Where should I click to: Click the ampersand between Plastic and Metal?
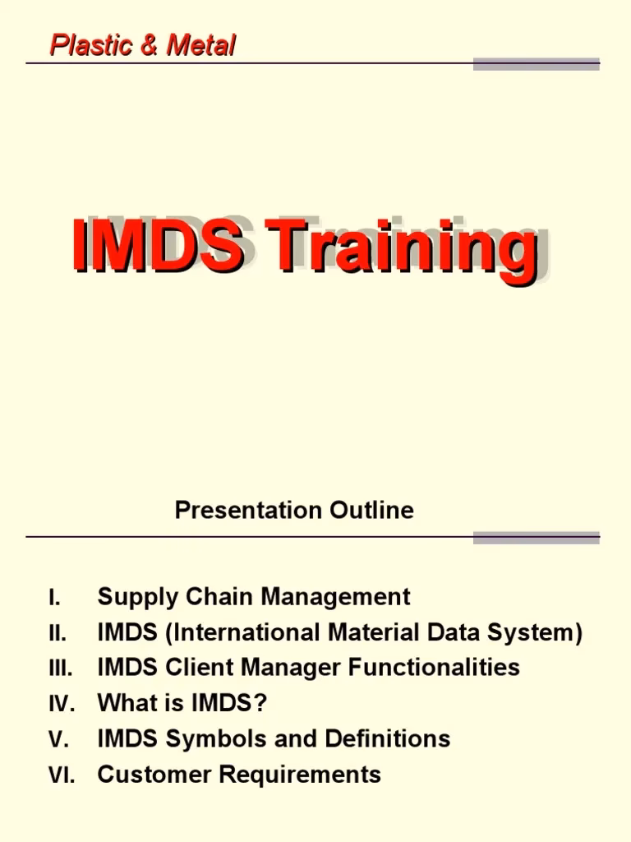(x=148, y=46)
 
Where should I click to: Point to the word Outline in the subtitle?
(x=372, y=511)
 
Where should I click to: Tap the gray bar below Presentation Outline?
(x=537, y=538)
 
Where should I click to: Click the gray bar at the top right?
(x=537, y=64)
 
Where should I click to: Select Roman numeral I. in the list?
(x=54, y=598)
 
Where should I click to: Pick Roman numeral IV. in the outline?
(x=62, y=704)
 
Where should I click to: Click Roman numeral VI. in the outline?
(x=62, y=775)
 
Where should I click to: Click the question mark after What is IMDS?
(x=262, y=703)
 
